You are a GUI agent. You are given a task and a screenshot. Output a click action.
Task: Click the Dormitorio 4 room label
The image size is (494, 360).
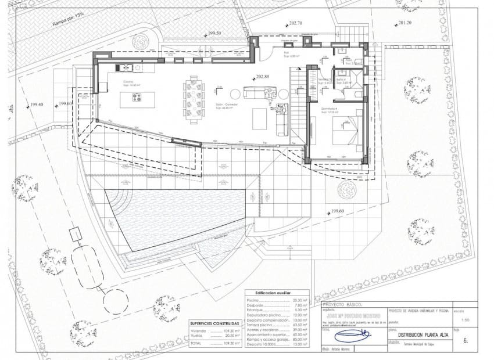pyautogui.click(x=330, y=110)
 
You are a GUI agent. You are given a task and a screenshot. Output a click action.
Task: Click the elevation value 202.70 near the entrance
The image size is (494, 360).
pyautogui.click(x=295, y=23)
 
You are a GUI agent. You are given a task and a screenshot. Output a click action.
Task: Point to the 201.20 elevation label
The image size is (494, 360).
pyautogui.click(x=405, y=23)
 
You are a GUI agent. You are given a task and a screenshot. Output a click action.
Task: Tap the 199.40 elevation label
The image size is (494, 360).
pyautogui.click(x=30, y=105)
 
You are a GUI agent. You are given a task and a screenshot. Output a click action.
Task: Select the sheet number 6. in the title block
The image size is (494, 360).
pyautogui.click(x=466, y=341)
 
